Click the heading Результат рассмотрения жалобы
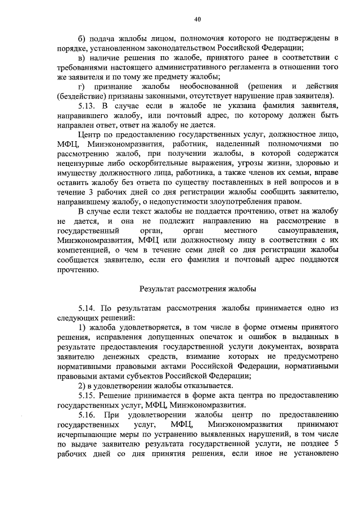tap(197, 289)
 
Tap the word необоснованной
tap(195, 86)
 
